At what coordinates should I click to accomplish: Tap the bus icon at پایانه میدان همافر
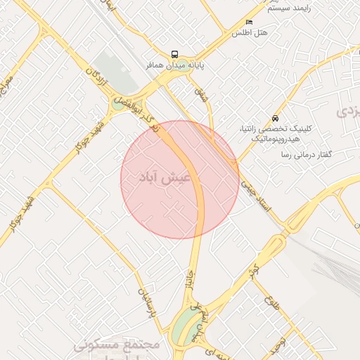(x=174, y=54)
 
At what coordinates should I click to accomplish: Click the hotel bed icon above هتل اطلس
(x=250, y=22)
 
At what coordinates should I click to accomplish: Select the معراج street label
(x=8, y=87)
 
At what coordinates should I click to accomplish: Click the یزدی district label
(x=349, y=111)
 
